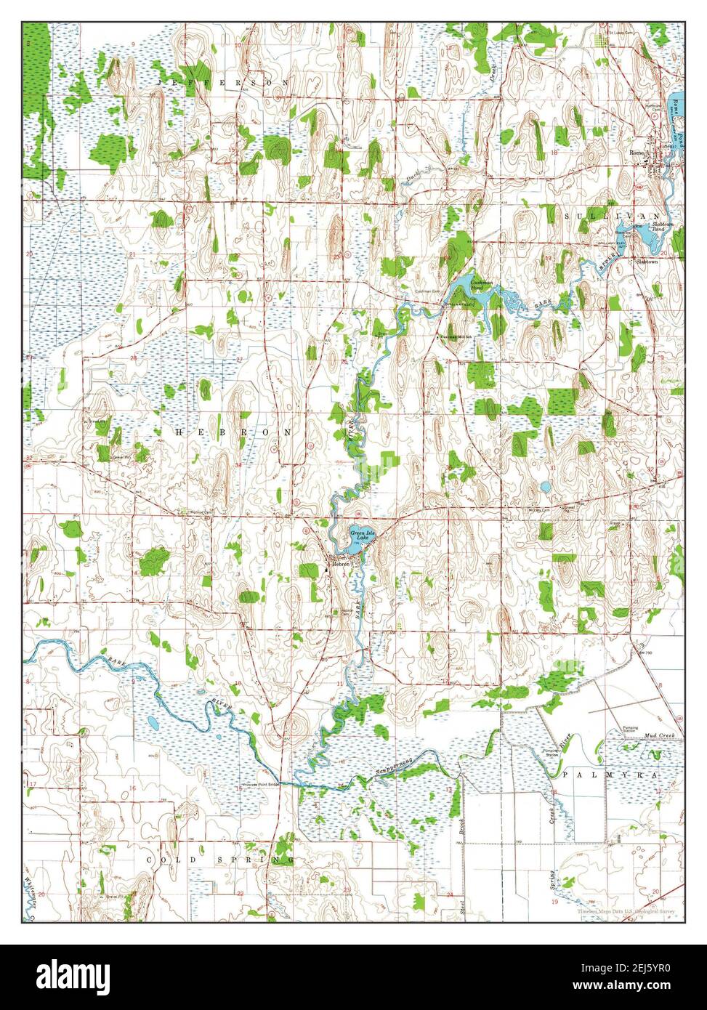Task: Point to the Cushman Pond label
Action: click(481, 285)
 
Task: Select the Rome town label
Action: click(637, 153)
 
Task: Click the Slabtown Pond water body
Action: click(644, 234)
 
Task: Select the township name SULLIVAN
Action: click(612, 217)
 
